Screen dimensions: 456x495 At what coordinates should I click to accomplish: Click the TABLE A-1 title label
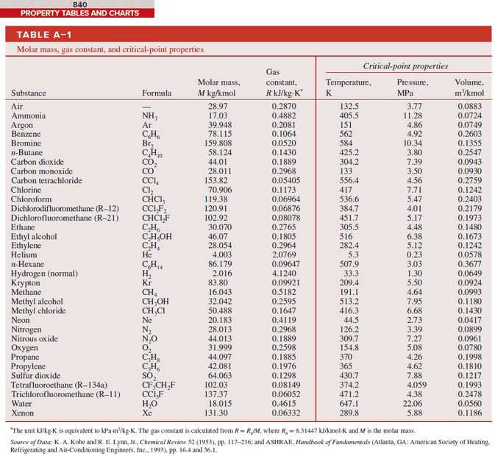pyautogui.click(x=44, y=35)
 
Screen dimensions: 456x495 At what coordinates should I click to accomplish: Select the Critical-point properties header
pyautogui.click(x=405, y=66)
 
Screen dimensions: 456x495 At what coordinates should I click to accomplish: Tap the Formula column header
pyautogui.click(x=157, y=93)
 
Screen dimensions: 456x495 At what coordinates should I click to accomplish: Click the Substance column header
pyautogui.click(x=29, y=93)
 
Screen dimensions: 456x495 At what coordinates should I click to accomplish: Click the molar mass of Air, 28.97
pyautogui.click(x=218, y=107)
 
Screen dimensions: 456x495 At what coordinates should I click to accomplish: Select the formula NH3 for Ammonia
pyautogui.click(x=150, y=116)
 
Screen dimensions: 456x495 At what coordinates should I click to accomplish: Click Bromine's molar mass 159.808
pyautogui.click(x=218, y=143)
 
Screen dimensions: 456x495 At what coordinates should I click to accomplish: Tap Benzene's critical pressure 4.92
pyautogui.click(x=413, y=135)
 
